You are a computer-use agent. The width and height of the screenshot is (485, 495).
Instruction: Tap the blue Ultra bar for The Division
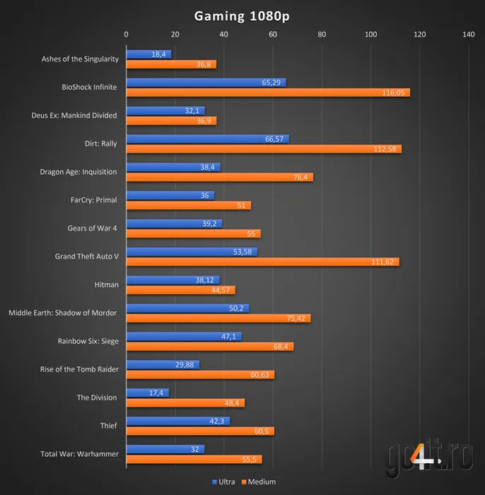point(147,392)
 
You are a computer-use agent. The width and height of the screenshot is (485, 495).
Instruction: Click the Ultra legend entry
point(226,482)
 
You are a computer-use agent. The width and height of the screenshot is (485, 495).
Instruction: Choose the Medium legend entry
point(259,482)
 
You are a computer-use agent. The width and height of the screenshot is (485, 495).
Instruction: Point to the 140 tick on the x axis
point(468,34)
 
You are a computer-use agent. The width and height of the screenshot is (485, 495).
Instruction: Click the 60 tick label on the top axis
point(273,34)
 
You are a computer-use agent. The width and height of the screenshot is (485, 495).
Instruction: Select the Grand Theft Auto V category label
point(86,256)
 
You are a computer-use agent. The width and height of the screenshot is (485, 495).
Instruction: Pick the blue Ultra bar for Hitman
point(173,280)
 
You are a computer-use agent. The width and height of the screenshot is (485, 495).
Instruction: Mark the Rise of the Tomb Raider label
point(79,369)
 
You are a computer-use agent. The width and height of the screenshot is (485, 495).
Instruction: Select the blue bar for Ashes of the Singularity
point(148,54)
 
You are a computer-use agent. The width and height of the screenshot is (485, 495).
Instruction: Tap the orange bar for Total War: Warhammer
point(194,460)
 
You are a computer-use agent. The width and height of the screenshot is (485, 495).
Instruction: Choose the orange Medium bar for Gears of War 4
point(193,233)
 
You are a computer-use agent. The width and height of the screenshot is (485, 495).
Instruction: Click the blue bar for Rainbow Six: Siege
point(184,337)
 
